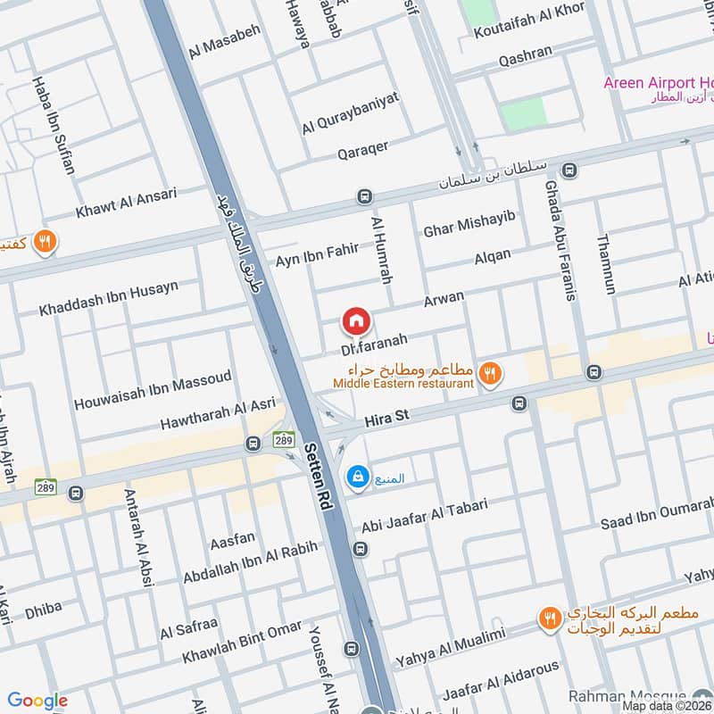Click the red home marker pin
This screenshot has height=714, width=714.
tap(355, 320)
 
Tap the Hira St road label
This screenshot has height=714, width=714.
tap(386, 417)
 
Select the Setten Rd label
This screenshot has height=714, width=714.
tap(320, 477)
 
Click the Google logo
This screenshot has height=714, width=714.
tap(37, 701)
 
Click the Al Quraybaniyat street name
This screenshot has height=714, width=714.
tap(350, 116)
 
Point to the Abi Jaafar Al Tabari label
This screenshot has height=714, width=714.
tap(424, 513)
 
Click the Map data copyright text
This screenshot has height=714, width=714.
tap(667, 706)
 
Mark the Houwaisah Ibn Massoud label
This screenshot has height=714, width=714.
tap(153, 389)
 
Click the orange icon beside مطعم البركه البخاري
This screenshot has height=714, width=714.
tap(551, 618)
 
